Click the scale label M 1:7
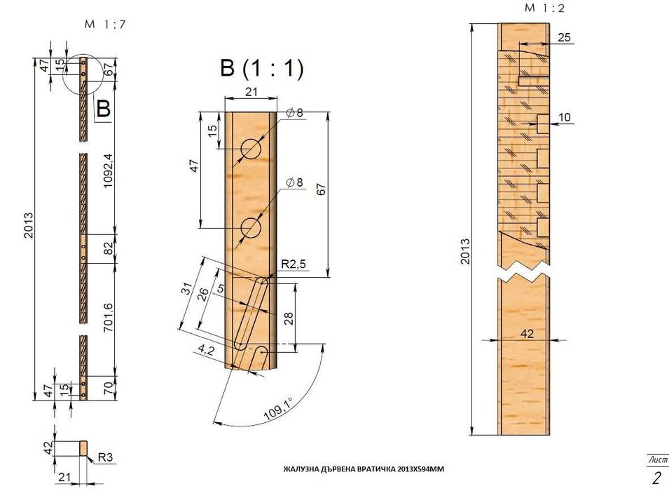click(105, 24)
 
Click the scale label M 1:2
click(544, 8)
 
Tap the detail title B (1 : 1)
click(262, 67)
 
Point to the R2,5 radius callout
click(294, 264)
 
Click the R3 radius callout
click(105, 457)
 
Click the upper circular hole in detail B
click(251, 149)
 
